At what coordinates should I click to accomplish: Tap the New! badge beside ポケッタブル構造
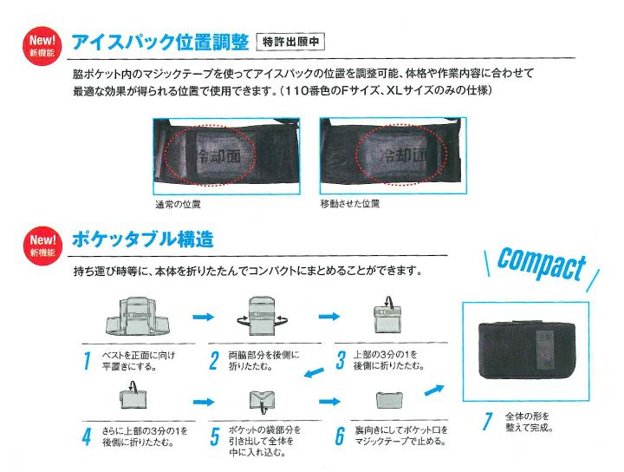(x=42, y=246)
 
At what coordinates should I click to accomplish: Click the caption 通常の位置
(x=178, y=204)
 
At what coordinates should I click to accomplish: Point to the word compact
(x=541, y=265)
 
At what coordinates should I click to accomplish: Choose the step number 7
(x=488, y=422)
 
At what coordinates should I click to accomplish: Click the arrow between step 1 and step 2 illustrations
(x=202, y=318)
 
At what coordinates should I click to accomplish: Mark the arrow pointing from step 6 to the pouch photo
(x=434, y=390)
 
